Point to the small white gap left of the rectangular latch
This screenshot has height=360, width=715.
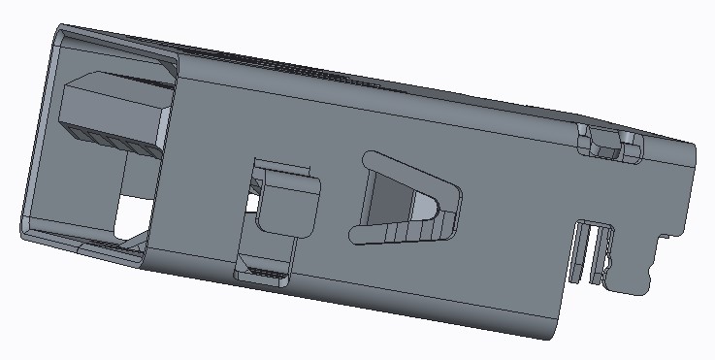(x=253, y=203)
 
